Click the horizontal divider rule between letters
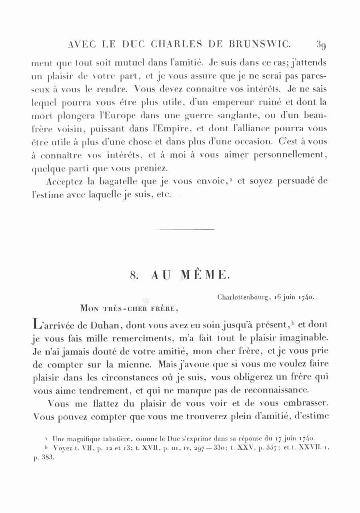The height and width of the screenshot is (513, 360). click(180, 229)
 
